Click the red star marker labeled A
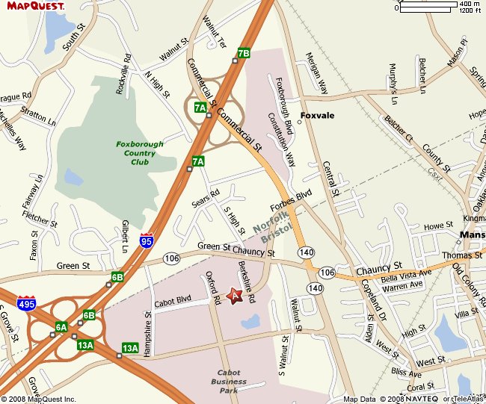[x=234, y=296]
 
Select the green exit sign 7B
[x=243, y=53]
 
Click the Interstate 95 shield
[x=147, y=240]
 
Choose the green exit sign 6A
[x=61, y=326]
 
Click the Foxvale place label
[x=317, y=116]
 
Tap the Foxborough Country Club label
[x=136, y=153]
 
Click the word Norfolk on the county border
[x=266, y=220]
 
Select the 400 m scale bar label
[x=469, y=4]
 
